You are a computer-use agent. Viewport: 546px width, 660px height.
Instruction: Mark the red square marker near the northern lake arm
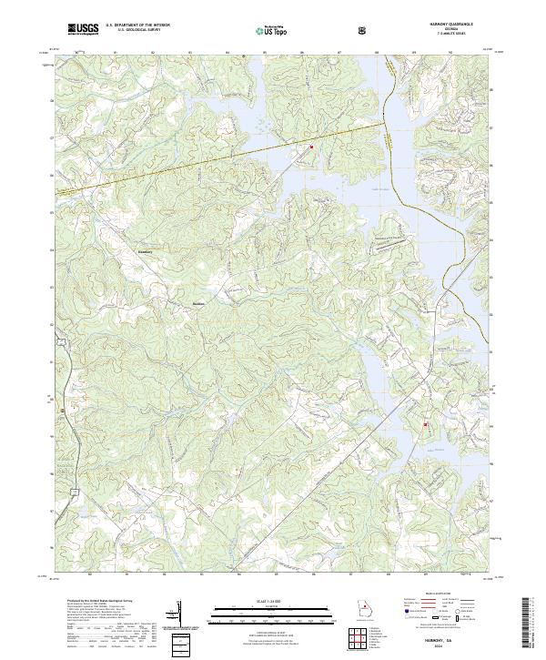(311, 147)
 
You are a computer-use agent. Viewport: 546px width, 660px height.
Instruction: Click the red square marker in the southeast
(424, 424)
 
